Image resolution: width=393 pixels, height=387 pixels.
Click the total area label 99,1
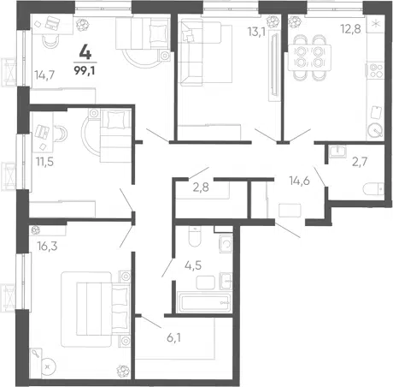pos(85,70)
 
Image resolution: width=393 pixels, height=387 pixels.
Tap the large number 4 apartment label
pos(85,52)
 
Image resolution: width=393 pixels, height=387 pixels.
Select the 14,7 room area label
pos(44,75)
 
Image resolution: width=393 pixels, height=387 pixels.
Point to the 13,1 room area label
pos(256,32)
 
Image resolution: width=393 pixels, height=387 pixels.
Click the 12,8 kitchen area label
pos(351,29)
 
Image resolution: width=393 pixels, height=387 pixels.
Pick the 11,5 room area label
pos(44,162)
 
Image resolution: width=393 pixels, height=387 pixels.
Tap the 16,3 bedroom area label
pos(47,246)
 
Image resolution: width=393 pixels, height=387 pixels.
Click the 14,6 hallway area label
pos(299,181)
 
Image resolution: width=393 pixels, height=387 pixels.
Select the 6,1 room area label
pos(173,338)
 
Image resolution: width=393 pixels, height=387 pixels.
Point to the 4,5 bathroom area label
pos(193,265)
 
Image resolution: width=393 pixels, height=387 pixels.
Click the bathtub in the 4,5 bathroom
pos(203,301)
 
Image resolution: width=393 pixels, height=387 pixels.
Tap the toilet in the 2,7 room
pos(373,188)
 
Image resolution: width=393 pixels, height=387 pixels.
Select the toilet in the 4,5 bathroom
pos(195,236)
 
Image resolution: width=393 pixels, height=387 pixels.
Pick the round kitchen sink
pos(375,130)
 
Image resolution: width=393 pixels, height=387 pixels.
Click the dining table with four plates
pos(309,57)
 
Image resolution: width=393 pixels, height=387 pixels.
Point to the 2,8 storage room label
pos(201,188)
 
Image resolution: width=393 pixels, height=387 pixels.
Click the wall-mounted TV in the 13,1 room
pos(274,64)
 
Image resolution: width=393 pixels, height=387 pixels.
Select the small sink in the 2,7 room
pos(337,152)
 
